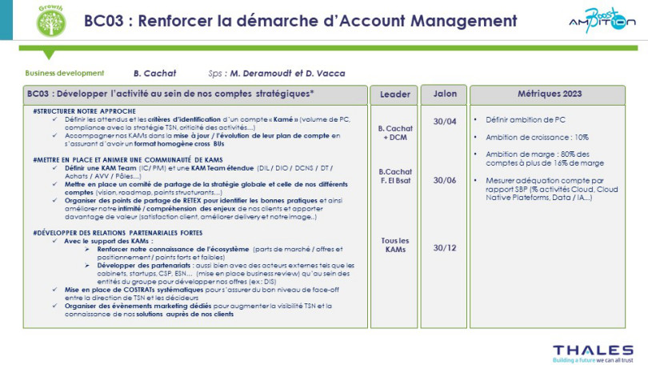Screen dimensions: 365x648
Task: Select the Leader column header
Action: pyautogui.click(x=394, y=94)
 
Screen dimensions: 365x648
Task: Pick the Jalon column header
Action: pyautogui.click(x=444, y=94)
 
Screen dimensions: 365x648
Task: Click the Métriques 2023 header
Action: pyautogui.click(x=550, y=94)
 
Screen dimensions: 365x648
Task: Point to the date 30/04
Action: pyautogui.click(x=444, y=122)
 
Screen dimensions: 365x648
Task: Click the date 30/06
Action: pyautogui.click(x=444, y=180)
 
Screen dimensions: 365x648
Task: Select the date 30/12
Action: pyautogui.click(x=444, y=247)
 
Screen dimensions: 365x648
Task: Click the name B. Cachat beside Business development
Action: pyautogui.click(x=154, y=73)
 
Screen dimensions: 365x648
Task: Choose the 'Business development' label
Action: pyautogui.click(x=59, y=73)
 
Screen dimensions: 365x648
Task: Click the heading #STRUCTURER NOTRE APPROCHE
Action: pyautogui.click(x=86, y=110)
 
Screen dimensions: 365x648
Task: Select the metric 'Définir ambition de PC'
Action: pyautogui.click(x=524, y=120)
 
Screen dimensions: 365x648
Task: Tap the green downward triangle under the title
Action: pyautogui.click(x=49, y=54)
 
